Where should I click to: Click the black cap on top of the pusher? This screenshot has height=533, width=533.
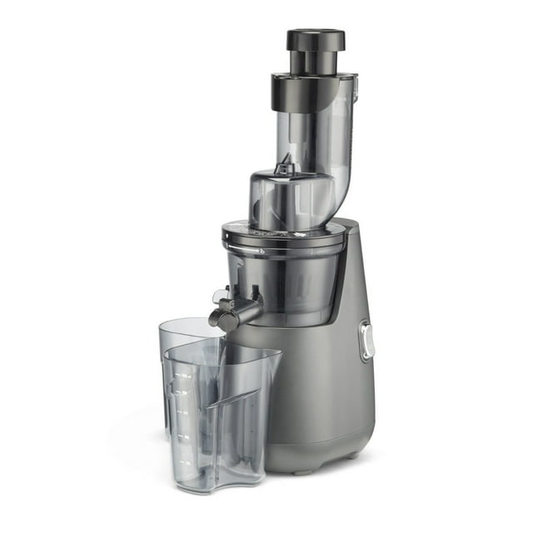point(316,38)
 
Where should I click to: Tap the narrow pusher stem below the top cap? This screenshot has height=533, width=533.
point(316,62)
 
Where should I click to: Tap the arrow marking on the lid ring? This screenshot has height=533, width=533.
point(260,250)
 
